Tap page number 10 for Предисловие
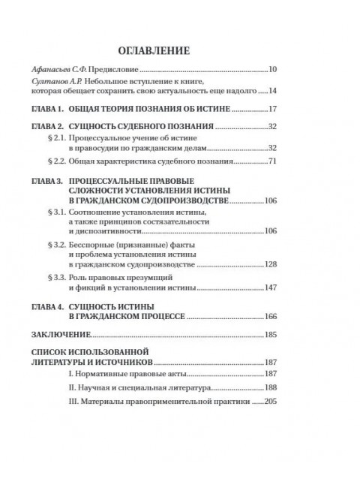(273, 71)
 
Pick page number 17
(273, 110)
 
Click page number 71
(273, 162)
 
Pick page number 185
(271, 332)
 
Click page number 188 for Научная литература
(271, 389)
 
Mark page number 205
(271, 402)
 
